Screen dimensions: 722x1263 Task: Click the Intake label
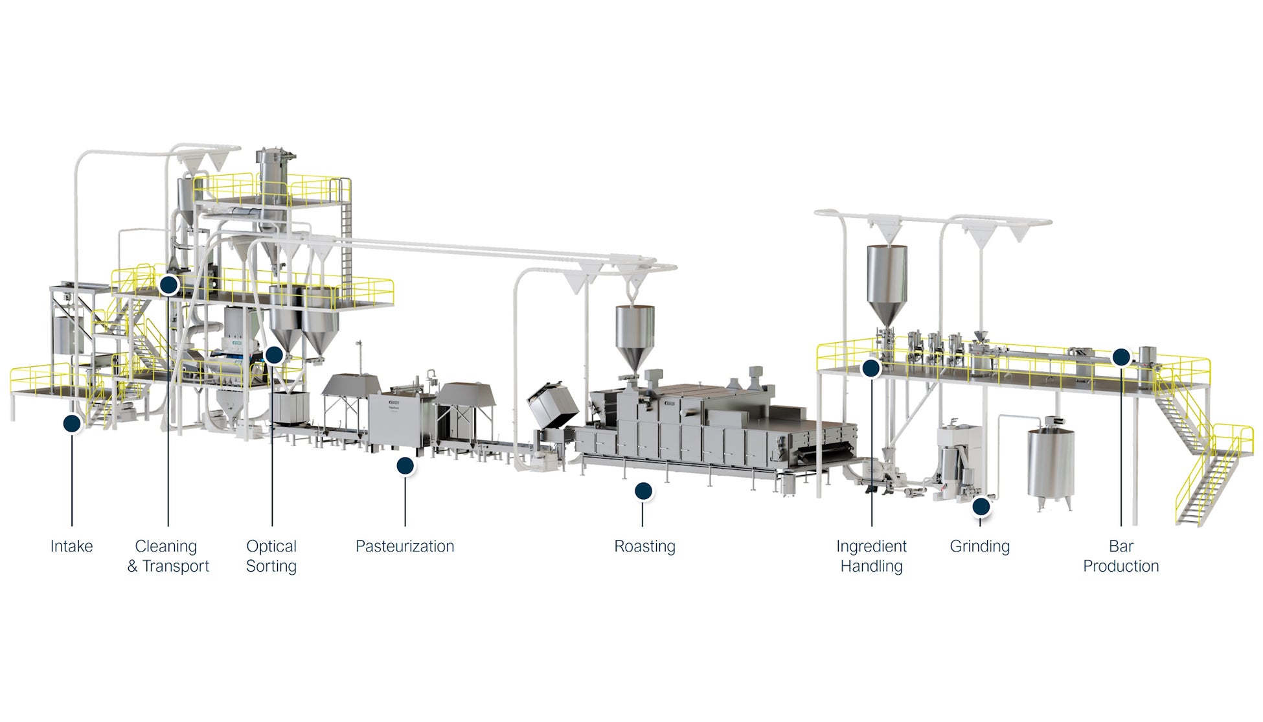pos(71,546)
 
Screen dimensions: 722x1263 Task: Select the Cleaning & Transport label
pos(168,556)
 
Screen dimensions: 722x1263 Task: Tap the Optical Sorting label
pos(271,556)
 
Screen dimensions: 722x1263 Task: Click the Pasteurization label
pos(405,546)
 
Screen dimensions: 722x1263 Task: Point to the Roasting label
pos(644,546)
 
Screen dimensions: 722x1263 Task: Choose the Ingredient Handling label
pos(871,556)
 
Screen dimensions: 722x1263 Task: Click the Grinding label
pos(979,546)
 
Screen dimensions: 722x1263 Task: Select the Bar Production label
pos(1121,556)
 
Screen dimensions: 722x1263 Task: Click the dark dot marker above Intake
pos(72,424)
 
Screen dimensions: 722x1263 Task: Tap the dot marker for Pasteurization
pos(405,465)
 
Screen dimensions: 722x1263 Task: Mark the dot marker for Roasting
pos(643,491)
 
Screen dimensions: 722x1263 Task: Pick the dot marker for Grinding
pos(981,506)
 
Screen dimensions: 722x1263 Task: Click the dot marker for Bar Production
pos(1121,357)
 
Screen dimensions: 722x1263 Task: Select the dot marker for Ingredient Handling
pos(871,368)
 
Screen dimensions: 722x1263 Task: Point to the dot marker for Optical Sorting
pos(274,355)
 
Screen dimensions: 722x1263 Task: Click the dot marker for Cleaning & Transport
pos(168,284)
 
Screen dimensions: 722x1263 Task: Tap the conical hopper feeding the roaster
pos(635,337)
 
